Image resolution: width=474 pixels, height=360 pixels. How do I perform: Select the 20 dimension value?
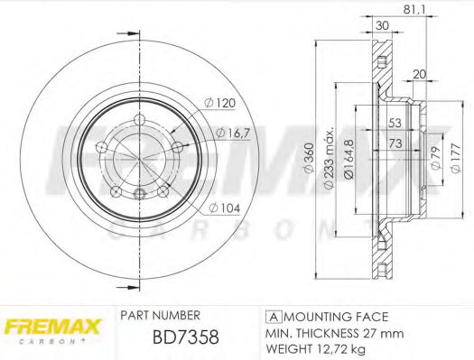pos(418,74)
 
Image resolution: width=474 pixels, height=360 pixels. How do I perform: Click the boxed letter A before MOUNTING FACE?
pos(272,318)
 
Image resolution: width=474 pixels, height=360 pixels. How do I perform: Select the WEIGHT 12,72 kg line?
pos(317,348)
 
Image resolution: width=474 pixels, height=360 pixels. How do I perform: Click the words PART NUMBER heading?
pos(160,316)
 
